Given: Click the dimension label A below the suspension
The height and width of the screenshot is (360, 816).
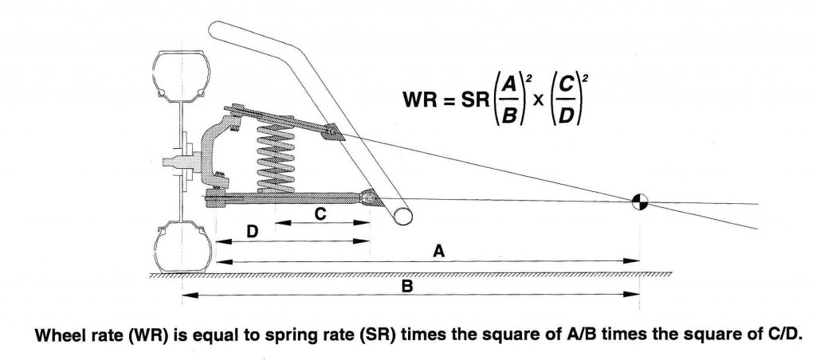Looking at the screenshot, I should (x=437, y=251).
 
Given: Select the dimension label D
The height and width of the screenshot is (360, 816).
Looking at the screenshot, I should (x=252, y=231).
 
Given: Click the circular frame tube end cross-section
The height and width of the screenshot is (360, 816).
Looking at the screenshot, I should (x=402, y=213).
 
